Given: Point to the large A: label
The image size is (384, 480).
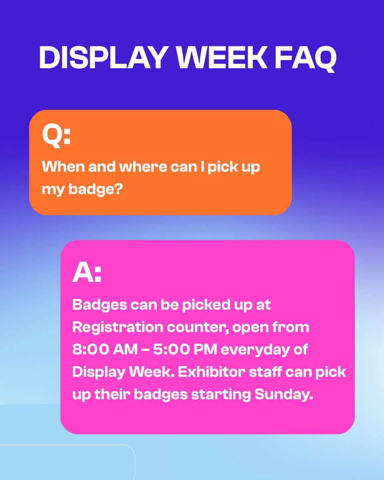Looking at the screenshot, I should [x=87, y=273].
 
